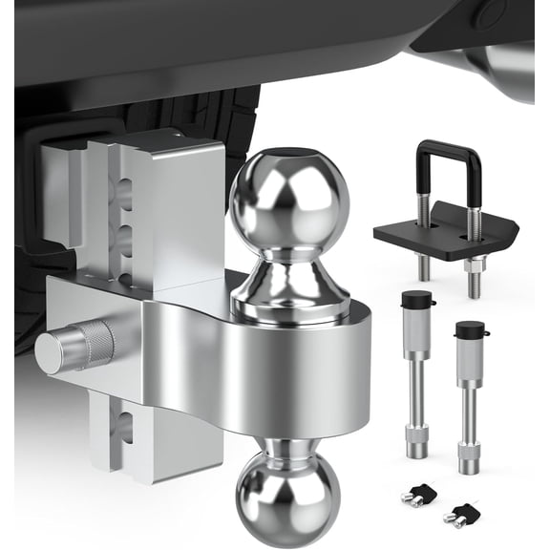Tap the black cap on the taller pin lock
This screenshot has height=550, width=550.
tap(416, 304)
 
